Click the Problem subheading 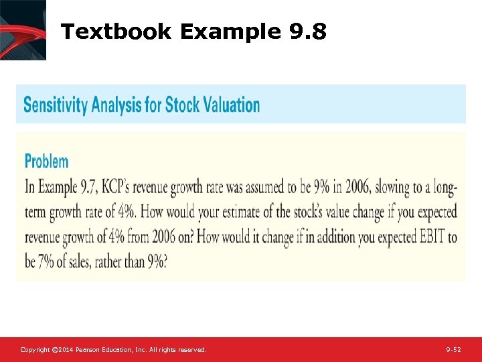(46, 161)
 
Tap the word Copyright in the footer (34, 350)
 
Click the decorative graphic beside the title (23, 30)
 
